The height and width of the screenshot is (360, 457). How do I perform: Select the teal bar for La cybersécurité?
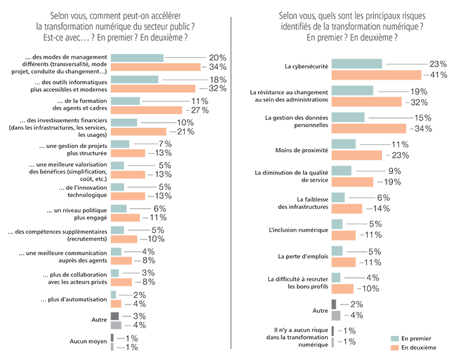(357, 64)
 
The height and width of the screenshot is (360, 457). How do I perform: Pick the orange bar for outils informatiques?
(153, 89)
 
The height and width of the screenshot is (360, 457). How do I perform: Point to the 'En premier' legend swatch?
(394, 339)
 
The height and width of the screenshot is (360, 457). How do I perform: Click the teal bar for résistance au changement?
(353, 91)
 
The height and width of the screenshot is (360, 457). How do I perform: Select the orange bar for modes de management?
(156, 67)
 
